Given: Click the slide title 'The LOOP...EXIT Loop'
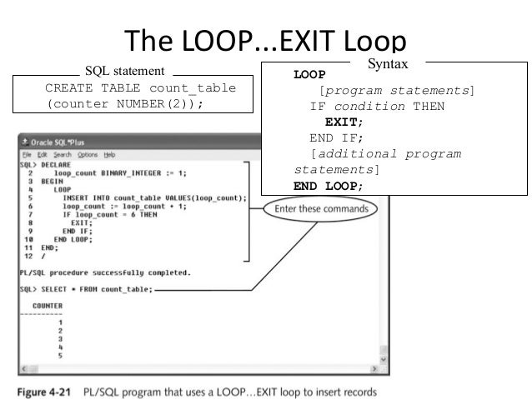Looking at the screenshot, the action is [x=265, y=43].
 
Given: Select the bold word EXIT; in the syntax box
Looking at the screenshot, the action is [x=344, y=122].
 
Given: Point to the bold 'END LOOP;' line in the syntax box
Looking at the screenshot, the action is [x=329, y=186].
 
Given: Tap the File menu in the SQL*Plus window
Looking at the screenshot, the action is [x=28, y=155].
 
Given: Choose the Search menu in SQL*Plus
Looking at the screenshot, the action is [x=62, y=155].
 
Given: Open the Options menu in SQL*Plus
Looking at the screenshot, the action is [x=88, y=155].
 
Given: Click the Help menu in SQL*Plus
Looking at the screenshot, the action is [x=110, y=155].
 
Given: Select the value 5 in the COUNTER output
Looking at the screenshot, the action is [x=60, y=356].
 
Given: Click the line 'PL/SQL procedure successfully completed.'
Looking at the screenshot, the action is [x=105, y=272].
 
